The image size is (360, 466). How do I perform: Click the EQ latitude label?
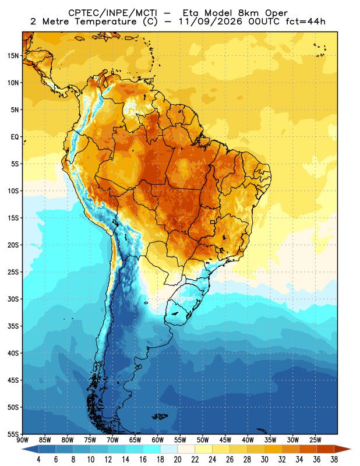click(x=15, y=137)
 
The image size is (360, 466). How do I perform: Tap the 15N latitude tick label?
click(x=13, y=56)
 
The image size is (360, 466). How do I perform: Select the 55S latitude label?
click(x=13, y=435)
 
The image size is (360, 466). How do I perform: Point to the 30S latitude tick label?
click(x=13, y=299)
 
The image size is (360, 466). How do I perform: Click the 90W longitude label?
click(x=23, y=440)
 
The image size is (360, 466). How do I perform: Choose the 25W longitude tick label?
click(x=315, y=440)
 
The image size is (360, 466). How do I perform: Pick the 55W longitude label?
click(x=180, y=440)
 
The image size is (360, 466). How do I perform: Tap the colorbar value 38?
click(x=334, y=460)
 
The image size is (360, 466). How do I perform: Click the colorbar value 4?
click(x=38, y=460)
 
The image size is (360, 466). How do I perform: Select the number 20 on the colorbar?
click(x=178, y=460)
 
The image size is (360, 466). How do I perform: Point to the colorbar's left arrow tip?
click(x=22, y=449)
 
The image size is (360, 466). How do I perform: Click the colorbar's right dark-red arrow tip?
click(x=351, y=449)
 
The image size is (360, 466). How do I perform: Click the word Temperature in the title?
click(x=105, y=22)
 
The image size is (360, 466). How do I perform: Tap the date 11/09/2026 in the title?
click(x=210, y=22)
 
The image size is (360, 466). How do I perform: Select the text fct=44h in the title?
click(x=306, y=22)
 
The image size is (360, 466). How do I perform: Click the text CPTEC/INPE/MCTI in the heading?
click(x=112, y=13)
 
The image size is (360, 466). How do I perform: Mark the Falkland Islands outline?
click(x=160, y=416)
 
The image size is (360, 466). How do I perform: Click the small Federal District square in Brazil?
click(x=213, y=222)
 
